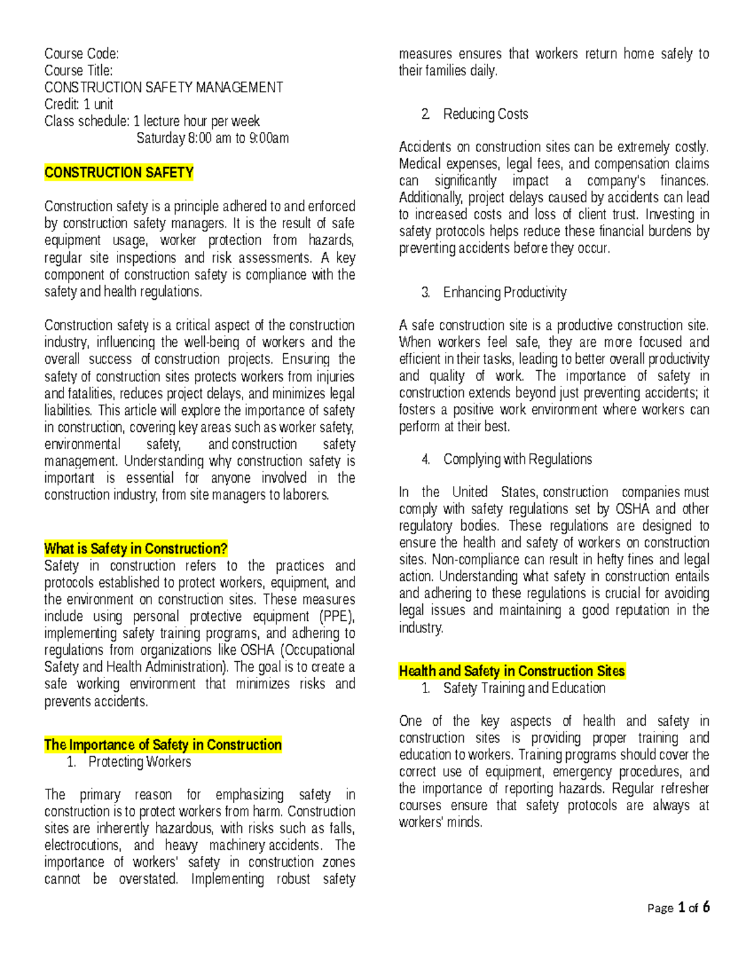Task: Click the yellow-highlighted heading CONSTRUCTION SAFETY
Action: click(x=119, y=173)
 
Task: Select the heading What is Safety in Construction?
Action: click(x=135, y=549)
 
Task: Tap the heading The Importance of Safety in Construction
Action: click(x=163, y=745)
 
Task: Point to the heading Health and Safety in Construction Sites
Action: click(x=511, y=671)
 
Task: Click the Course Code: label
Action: click(x=81, y=53)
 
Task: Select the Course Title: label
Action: click(x=79, y=70)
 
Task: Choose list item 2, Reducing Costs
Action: click(x=485, y=114)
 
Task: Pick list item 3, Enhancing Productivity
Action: click(x=505, y=292)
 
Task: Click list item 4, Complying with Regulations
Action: click(x=517, y=459)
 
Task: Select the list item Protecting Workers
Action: click(x=139, y=762)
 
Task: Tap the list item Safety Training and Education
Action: click(x=524, y=688)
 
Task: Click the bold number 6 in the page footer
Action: click(x=706, y=907)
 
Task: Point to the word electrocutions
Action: click(x=82, y=845)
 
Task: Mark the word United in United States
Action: click(x=469, y=492)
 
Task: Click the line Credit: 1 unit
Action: click(x=79, y=104)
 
